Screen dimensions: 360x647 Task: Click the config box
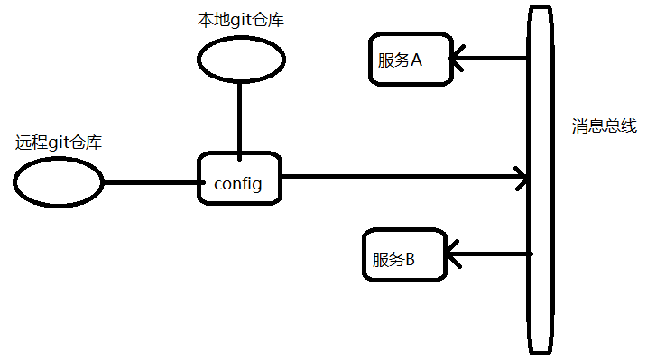point(239,178)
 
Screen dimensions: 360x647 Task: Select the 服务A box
point(410,60)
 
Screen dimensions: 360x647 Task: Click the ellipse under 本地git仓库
point(240,59)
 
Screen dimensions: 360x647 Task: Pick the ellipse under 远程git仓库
point(59,182)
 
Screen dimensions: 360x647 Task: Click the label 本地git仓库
point(240,20)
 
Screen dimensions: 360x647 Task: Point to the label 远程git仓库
point(59,143)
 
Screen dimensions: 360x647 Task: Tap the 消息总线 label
point(604,125)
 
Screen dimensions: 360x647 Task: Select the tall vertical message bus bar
point(540,180)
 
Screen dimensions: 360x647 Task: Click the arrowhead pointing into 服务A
point(458,60)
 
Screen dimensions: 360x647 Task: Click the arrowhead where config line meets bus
point(521,178)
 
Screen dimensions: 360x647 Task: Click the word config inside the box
point(238,184)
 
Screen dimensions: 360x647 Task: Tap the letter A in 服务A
point(416,60)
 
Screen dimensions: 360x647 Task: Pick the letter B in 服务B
point(410,260)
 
